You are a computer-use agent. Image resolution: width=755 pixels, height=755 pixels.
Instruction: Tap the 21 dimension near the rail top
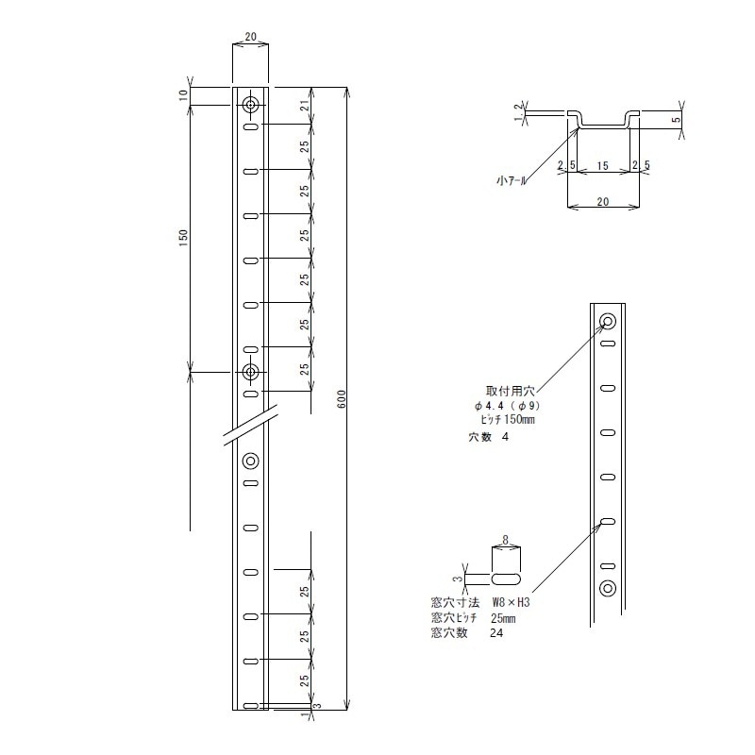pos(304,106)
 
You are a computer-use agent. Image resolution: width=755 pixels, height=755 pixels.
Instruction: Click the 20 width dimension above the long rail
pos(250,37)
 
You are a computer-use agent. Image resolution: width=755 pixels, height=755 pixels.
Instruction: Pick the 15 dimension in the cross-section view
pos(601,166)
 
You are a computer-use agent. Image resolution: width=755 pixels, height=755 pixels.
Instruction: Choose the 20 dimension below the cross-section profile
pos(604,200)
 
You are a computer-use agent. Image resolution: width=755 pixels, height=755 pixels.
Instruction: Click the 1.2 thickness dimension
pos(517,112)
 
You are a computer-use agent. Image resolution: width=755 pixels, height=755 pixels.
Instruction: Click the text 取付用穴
pos(511,388)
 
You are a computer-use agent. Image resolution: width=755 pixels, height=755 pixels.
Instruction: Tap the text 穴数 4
pos(488,437)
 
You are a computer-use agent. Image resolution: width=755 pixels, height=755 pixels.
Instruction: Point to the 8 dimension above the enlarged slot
pos(506,541)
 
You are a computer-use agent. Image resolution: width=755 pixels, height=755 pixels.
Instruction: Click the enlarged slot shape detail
pos(508,576)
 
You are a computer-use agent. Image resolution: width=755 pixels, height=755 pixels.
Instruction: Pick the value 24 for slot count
pos(496,633)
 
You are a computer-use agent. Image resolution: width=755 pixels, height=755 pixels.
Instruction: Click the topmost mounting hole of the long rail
pos(250,104)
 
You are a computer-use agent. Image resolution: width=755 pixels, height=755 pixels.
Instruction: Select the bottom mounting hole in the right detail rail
pos(607,589)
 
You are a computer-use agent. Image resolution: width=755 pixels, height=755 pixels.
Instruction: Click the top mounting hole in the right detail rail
pos(607,321)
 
